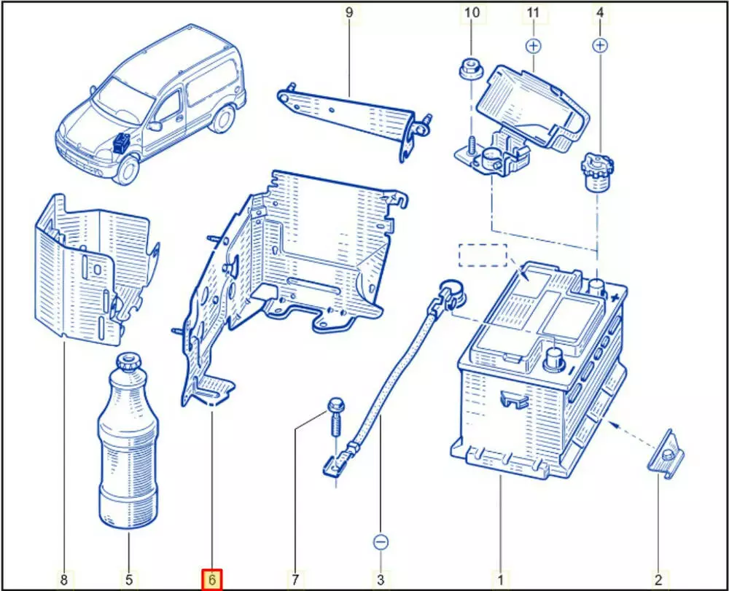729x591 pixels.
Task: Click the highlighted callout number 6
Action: pos(211,580)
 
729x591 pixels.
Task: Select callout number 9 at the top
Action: pos(348,12)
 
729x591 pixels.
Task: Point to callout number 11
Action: pos(534,12)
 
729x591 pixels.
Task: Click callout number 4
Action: pos(600,12)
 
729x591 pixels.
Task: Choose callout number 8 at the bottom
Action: pos(64,580)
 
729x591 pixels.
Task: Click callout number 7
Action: pos(295,580)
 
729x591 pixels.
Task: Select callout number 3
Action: pos(381,580)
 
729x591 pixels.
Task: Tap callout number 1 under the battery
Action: pos(500,580)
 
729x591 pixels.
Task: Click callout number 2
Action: pos(658,580)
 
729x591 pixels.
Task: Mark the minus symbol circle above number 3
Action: pos(381,542)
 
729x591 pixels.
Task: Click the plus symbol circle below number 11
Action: pos(534,46)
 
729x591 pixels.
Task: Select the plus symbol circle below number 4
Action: pos(600,46)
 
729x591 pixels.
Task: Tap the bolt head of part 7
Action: pos(335,404)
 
